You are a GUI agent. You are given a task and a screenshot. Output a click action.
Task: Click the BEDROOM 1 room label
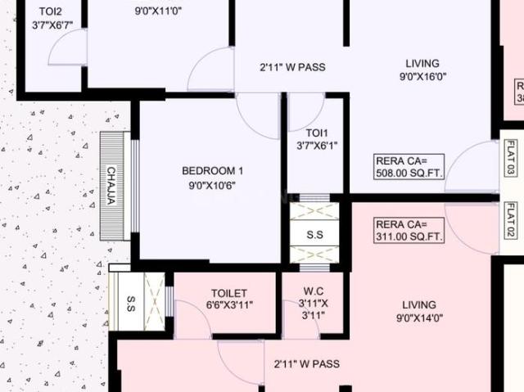click(x=212, y=170)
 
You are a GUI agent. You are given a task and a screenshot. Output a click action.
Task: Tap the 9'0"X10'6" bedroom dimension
click(x=212, y=185)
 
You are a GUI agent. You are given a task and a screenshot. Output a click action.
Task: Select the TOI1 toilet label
click(x=317, y=133)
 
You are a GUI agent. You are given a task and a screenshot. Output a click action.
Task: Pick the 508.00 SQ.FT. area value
click(x=409, y=174)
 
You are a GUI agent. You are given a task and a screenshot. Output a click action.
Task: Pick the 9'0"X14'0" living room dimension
click(x=419, y=319)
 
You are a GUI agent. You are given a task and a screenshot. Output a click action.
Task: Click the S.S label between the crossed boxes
click(x=314, y=235)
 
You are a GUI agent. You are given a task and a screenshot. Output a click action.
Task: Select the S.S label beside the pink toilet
click(x=131, y=299)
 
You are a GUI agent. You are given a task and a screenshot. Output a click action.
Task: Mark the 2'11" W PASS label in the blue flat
click(x=292, y=67)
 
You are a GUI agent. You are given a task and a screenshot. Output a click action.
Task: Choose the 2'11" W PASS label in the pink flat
click(x=306, y=363)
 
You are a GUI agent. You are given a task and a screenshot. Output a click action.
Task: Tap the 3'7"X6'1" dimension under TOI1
click(x=317, y=146)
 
